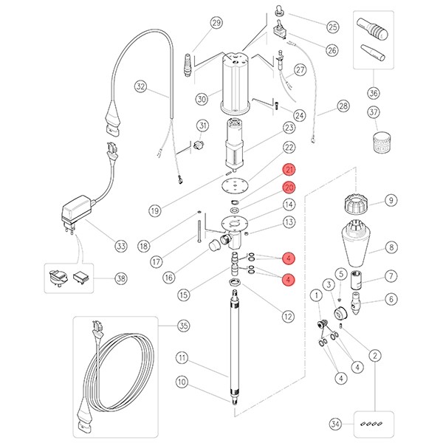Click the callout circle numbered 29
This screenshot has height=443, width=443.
(x=216, y=22)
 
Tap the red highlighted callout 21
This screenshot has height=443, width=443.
(x=289, y=171)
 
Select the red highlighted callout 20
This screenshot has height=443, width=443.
(x=289, y=188)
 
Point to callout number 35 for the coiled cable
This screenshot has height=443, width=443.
(x=183, y=326)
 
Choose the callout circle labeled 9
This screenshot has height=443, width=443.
(x=391, y=200)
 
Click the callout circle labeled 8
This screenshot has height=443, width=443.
(x=391, y=248)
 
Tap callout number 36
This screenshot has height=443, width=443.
(x=374, y=93)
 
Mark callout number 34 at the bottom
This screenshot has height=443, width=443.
(x=336, y=424)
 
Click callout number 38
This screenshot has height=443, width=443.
(x=120, y=278)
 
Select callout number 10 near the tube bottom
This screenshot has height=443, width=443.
(x=183, y=382)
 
